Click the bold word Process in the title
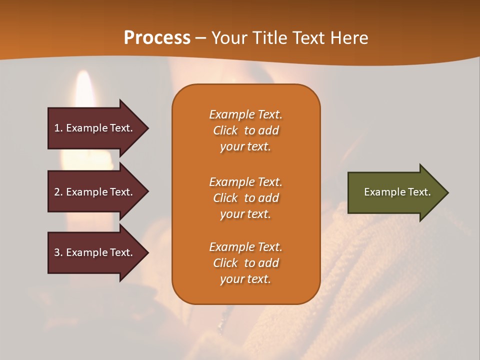pos(157,38)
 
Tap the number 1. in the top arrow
pos(58,128)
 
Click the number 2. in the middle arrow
pos(58,192)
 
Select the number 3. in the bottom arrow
pos(58,252)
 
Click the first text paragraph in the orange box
pos(245,130)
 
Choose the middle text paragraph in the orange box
pos(245,198)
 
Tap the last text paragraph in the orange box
pos(245,263)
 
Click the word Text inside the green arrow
pos(419,192)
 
